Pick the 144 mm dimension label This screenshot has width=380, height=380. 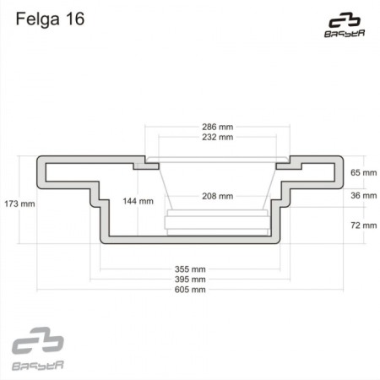pos(138,201)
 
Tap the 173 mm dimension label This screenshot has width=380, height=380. pos(19,204)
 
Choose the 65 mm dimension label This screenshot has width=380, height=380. pos(361,172)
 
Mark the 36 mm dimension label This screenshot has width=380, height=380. pos(361,196)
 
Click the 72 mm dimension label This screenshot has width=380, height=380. pos(361,225)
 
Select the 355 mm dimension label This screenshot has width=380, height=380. pos(189,269)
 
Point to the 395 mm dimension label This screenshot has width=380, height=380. pos(189,280)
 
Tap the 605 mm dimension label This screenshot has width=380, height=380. pos(189,290)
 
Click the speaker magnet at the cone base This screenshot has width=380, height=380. pos(217,222)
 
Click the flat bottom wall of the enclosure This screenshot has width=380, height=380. pos(190,240)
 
